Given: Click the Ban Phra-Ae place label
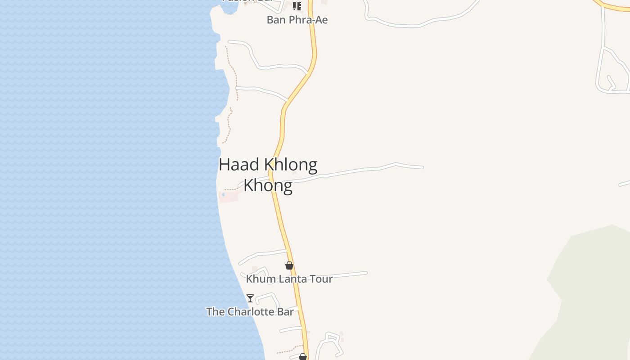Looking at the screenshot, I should [x=297, y=20].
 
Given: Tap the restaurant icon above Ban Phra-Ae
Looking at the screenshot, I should [x=297, y=6].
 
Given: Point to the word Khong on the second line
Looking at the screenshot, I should [x=268, y=185].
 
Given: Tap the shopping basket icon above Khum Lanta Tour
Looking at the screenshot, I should [x=289, y=266].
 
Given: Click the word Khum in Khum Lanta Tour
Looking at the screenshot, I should [x=261, y=279].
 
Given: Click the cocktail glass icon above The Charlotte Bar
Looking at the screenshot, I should [x=250, y=298].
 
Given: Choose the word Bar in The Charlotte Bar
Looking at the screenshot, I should [x=285, y=311].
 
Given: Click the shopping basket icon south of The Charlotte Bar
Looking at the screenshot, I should [x=303, y=357].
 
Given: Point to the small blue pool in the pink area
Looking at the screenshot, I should [x=223, y=194].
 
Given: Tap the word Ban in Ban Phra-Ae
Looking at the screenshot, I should [x=275, y=20].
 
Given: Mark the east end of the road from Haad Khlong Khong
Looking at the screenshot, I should [x=423, y=167].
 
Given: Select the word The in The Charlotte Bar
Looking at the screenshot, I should [x=216, y=311].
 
